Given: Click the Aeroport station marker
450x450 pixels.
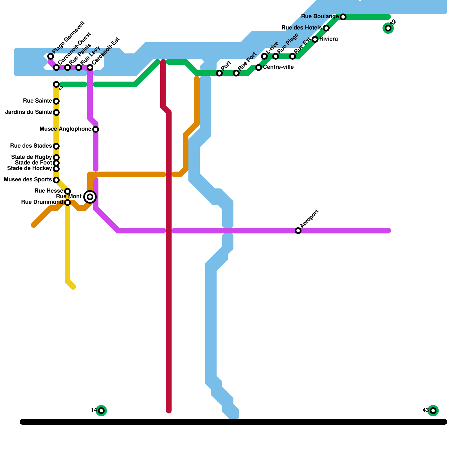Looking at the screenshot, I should pos(298,231).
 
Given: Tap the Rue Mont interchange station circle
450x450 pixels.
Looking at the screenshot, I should pos(90,197).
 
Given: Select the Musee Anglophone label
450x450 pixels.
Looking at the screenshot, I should pos(65,129).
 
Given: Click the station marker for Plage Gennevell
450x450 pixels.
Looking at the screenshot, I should pos(51,56).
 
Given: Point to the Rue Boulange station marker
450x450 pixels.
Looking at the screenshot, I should pos(343,17).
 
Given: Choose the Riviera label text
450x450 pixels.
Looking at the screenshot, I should pos(328,39).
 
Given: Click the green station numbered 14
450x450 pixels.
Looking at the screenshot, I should pos(101,411).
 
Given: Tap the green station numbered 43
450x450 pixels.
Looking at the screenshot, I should pos(433,411).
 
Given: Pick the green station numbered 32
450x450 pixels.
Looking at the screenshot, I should pos(388,28).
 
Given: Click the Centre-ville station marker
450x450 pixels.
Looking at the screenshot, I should pos(259,67).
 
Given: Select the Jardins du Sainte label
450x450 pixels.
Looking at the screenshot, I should pos(28,112).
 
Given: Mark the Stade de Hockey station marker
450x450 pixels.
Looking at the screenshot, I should pos(56,169).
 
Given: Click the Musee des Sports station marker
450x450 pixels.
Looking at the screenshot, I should pos(56,180).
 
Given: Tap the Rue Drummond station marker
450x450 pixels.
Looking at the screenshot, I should pos(67,202).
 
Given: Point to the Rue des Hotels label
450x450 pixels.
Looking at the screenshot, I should pos(301,28).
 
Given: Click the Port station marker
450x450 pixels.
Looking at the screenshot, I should pos(219,73).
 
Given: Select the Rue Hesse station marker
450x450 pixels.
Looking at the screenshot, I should pos(67,191).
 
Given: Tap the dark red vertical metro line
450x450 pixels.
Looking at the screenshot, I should pos(169,281).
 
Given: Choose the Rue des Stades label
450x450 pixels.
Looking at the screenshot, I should pos(31,146).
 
